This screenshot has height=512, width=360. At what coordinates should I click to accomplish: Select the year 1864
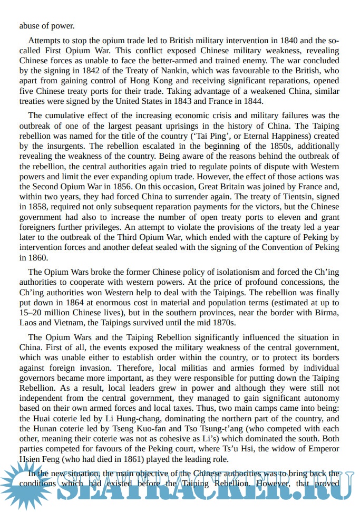[78, 303]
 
